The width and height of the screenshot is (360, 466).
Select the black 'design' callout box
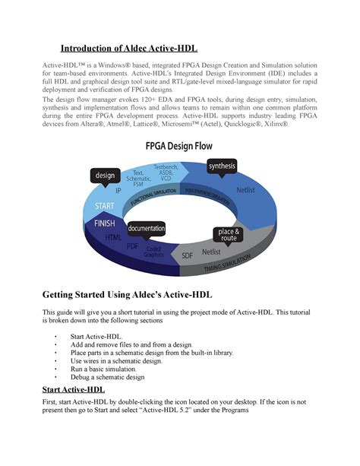(104, 176)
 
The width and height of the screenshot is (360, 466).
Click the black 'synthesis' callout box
(222, 166)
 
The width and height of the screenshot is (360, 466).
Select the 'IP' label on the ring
(117, 192)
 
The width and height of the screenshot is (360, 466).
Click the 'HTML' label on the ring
(113, 238)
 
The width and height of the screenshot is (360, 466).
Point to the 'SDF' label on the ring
(188, 256)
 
